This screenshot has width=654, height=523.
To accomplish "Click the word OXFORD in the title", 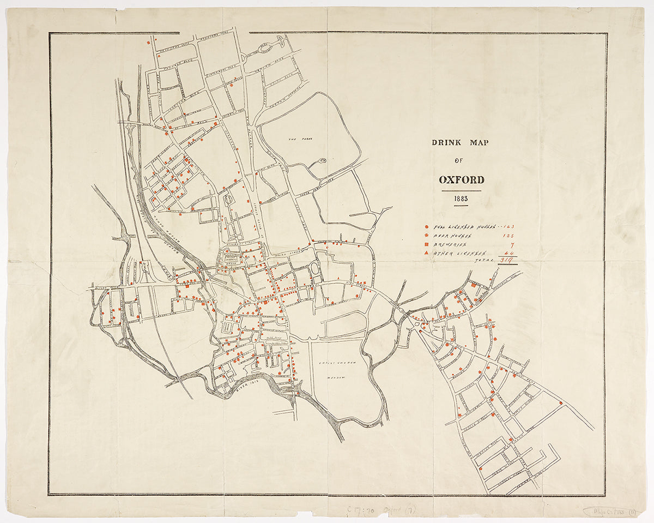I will pyautogui.click(x=461, y=180).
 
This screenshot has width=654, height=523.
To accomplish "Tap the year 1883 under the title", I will pyautogui.click(x=461, y=199).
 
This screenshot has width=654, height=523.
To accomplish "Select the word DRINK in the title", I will pyautogui.click(x=447, y=143).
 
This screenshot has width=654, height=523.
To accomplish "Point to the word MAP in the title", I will pyautogui.click(x=480, y=143).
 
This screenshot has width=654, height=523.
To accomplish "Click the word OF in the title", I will pyautogui.click(x=461, y=160).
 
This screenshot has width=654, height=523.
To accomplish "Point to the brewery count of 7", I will pyautogui.click(x=512, y=245).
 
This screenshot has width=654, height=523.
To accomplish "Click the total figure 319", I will pyautogui.click(x=508, y=261).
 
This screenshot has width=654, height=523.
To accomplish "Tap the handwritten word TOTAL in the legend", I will pyautogui.click(x=484, y=261).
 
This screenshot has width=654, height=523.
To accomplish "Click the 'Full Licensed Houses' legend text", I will pyautogui.click(x=463, y=227).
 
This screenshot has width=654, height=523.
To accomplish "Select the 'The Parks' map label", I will pyautogui.click(x=295, y=140).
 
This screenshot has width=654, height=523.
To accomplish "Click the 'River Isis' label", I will pyautogui.click(x=246, y=387).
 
